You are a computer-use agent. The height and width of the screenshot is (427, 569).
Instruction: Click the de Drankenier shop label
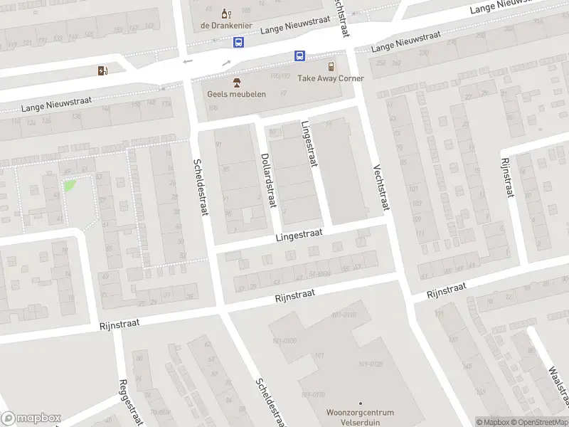[225, 25]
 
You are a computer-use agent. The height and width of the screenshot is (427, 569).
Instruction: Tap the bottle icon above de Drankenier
[225, 13]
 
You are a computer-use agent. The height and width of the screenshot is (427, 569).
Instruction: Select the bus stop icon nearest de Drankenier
[238, 43]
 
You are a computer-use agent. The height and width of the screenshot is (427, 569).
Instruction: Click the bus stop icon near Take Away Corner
[300, 56]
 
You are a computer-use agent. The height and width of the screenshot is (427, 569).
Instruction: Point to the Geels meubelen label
[236, 94]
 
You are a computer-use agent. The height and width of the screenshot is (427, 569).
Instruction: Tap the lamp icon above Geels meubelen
[236, 83]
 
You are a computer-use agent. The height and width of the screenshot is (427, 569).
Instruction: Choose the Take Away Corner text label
[330, 78]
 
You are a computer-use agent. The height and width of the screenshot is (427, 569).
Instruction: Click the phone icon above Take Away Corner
[331, 66]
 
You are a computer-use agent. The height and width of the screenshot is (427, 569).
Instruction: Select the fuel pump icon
[102, 70]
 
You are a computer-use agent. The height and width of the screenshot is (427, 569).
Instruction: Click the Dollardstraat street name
[267, 181]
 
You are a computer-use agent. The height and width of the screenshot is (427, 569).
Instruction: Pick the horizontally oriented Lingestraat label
[299, 234]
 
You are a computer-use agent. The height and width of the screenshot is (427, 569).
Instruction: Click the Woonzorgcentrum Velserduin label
[359, 416]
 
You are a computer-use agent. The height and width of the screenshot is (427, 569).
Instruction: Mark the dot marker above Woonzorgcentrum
[360, 403]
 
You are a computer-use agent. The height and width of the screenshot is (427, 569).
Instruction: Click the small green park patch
[70, 185]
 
